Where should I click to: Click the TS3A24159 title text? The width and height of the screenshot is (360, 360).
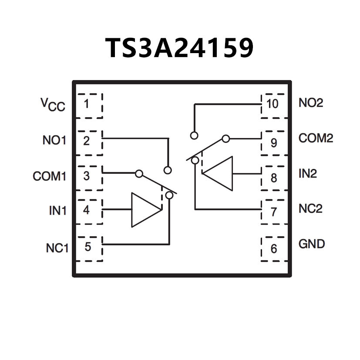(x=179, y=48)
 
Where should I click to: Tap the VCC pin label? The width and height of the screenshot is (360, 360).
(x=53, y=104)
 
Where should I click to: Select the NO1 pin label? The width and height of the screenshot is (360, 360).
(x=54, y=141)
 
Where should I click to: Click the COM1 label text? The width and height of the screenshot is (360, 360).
(x=49, y=176)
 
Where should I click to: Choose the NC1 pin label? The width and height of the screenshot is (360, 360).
(x=57, y=248)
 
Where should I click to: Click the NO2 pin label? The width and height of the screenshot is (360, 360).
(x=311, y=104)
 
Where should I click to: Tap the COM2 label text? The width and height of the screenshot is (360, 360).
(x=316, y=138)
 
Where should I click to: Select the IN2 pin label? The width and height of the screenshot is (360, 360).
(x=308, y=174)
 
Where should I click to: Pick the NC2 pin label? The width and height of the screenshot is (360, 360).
(x=310, y=209)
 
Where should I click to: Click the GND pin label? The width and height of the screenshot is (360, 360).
(x=312, y=244)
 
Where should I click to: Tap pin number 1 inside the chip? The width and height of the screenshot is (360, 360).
(x=87, y=104)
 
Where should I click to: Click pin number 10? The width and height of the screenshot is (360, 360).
(x=273, y=104)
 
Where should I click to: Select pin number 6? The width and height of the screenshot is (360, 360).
(x=273, y=249)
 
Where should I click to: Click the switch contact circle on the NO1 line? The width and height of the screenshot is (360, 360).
(x=168, y=170)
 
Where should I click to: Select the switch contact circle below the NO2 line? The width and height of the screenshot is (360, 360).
(x=194, y=135)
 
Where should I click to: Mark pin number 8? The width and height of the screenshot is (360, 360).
(x=273, y=178)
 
